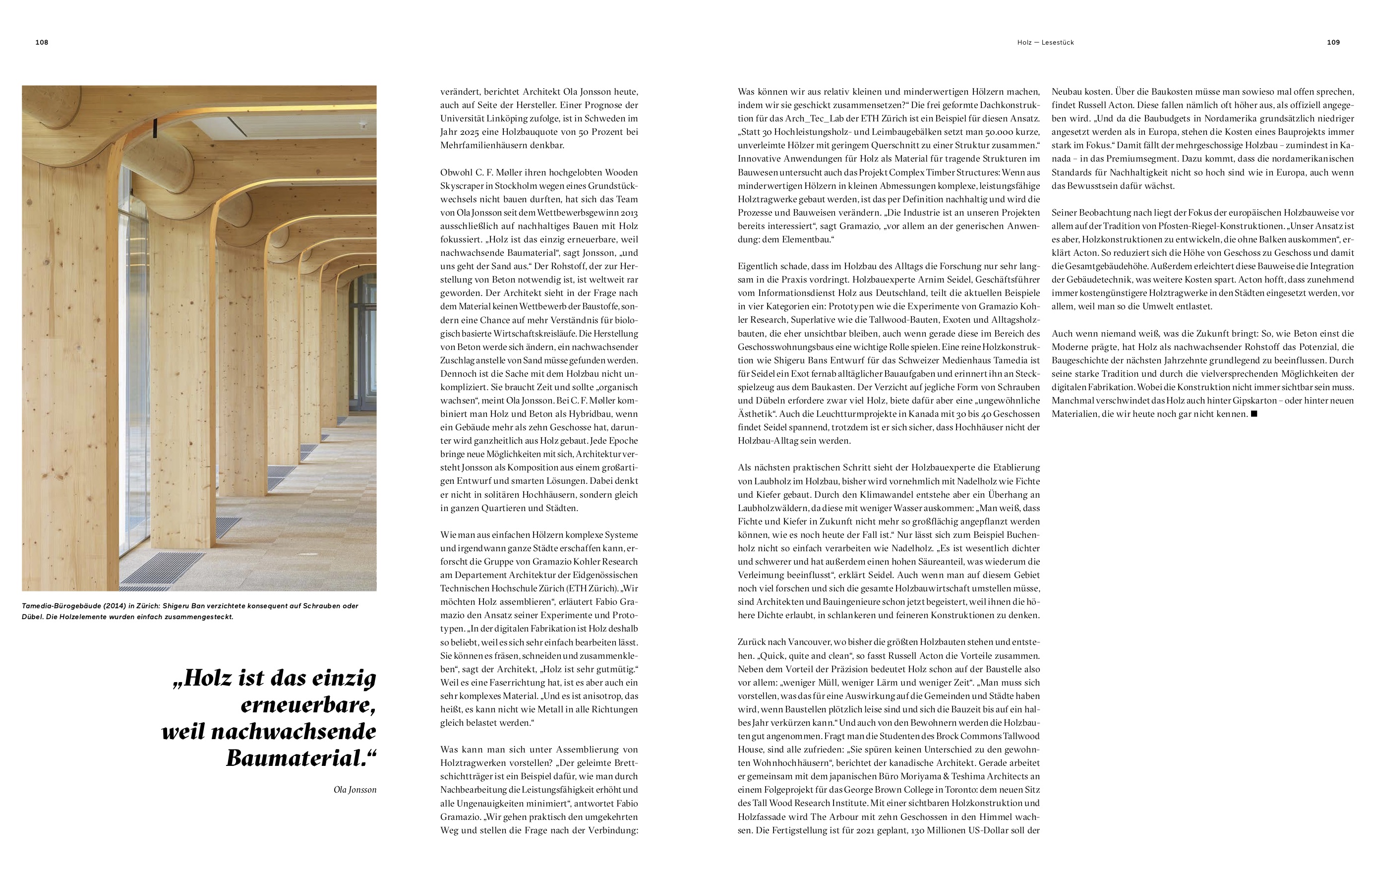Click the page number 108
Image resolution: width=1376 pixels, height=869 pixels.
coord(42,42)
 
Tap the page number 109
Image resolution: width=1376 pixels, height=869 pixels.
coord(1333,42)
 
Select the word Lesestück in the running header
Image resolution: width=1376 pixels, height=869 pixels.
coord(1058,42)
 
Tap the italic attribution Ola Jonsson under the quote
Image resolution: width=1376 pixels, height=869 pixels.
coord(355,790)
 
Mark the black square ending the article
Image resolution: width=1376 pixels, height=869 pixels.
coord(1255,413)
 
